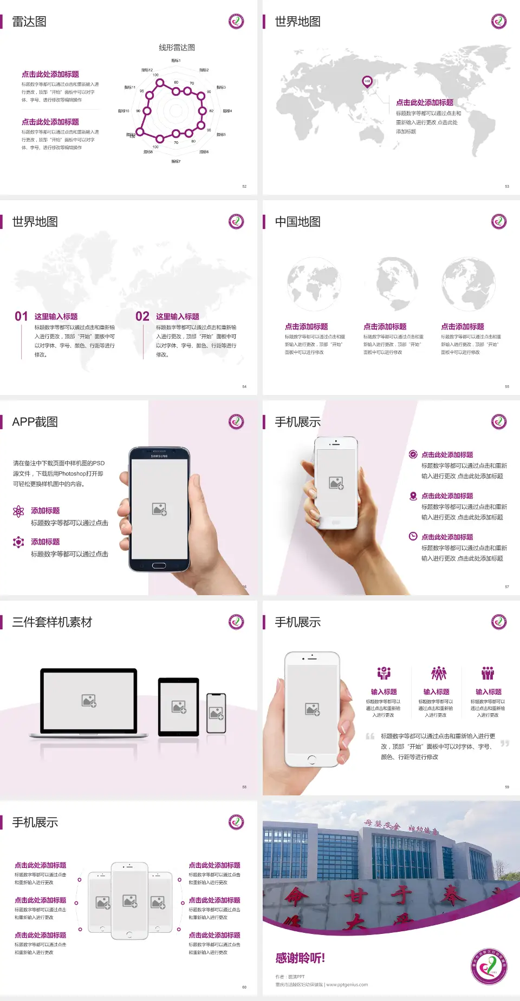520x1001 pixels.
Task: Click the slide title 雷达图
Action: [x=29, y=22]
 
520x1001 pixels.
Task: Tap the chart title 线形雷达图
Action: [x=177, y=48]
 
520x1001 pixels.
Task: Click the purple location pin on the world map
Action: [x=367, y=82]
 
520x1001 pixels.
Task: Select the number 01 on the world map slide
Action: [x=21, y=317]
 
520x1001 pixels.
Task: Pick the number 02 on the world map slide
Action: [x=142, y=317]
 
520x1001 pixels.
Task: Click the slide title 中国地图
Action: [x=297, y=222]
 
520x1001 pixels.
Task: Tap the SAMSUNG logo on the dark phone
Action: [x=159, y=456]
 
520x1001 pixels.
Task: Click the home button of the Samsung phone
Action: [x=159, y=565]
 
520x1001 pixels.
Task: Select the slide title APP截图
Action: [x=35, y=422]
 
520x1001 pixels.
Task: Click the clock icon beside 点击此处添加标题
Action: [x=413, y=536]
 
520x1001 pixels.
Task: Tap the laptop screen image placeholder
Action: [x=89, y=701]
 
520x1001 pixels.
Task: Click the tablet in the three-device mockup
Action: [x=179, y=707]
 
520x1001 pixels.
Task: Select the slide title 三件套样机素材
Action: [x=52, y=622]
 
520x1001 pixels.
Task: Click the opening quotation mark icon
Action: [x=370, y=736]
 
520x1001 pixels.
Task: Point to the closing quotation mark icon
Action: [x=505, y=743]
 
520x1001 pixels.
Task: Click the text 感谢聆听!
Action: [x=300, y=958]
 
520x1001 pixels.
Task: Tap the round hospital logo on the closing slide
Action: [x=489, y=966]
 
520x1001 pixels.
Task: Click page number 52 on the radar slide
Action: [x=244, y=186]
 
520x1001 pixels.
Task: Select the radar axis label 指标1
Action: [x=176, y=61]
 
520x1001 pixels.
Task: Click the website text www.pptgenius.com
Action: [x=347, y=985]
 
